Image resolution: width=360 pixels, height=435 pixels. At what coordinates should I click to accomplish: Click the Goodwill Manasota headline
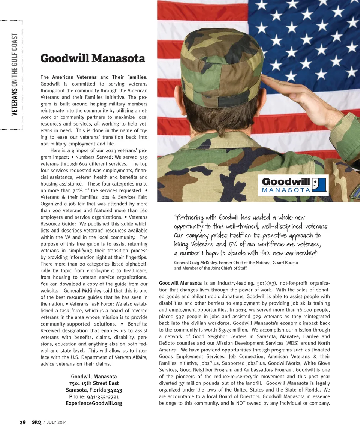[x=93, y=58]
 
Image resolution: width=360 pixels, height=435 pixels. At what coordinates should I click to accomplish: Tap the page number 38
[x=23, y=422]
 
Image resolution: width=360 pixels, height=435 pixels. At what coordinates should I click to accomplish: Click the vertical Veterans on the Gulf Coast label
[x=15, y=74]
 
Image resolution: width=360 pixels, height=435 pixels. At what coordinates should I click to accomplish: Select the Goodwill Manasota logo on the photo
[x=295, y=185]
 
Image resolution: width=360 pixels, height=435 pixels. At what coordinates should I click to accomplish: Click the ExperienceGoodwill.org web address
[x=94, y=403]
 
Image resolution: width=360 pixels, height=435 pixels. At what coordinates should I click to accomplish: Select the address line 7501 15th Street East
[x=94, y=383]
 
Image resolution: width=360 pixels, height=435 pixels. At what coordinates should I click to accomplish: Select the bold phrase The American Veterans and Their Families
[x=94, y=77]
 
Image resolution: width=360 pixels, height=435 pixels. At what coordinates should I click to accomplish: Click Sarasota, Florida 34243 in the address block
[x=94, y=390]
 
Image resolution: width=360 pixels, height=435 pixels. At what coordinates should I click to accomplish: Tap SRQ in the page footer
[x=36, y=422]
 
